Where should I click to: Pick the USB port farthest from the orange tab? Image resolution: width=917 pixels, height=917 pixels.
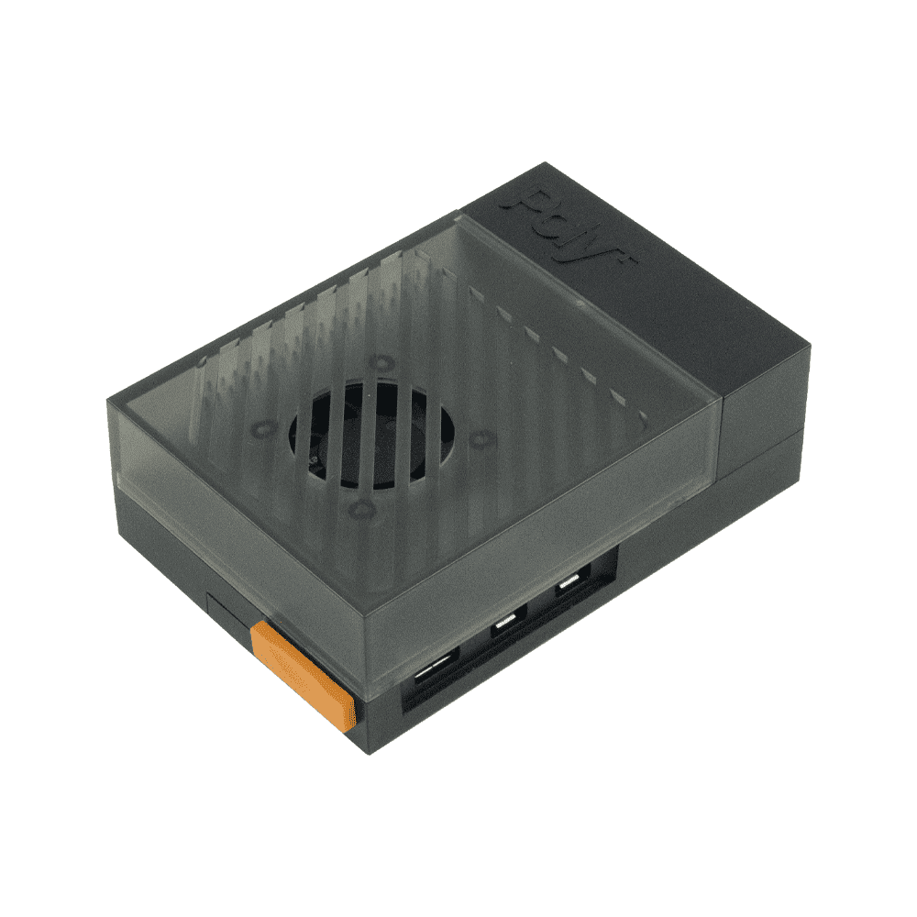point(569,587)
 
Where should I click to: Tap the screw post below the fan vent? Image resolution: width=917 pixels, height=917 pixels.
point(359,506)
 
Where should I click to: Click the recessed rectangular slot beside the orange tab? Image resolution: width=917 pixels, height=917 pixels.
point(228,613)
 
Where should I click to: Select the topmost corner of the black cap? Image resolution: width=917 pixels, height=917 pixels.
point(547,164)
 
